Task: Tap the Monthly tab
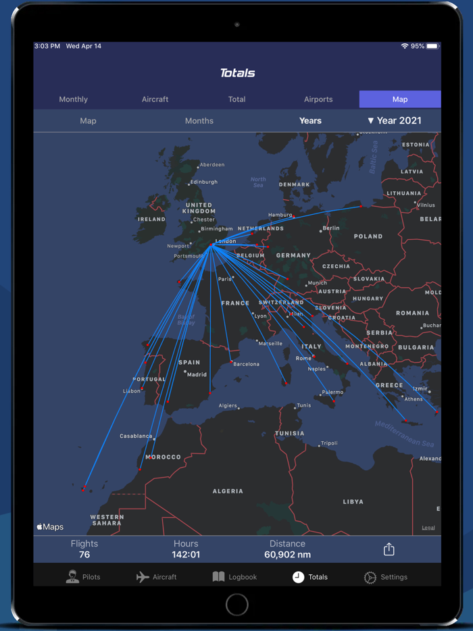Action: tap(73, 99)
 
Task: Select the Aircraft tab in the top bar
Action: tap(155, 99)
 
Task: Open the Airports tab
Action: tap(318, 99)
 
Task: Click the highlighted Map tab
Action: tap(400, 99)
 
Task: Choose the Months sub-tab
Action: tap(199, 121)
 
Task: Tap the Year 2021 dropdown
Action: tap(395, 121)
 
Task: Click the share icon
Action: tap(389, 549)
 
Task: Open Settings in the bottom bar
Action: tap(386, 577)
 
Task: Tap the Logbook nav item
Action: tap(234, 577)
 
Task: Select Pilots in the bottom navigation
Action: tap(83, 577)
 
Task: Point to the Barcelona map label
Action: tap(247, 364)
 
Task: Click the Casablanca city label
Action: tap(136, 436)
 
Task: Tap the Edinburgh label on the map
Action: tap(204, 182)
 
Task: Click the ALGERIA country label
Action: tap(228, 491)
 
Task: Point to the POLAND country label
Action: tap(368, 236)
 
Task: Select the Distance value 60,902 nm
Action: tap(287, 555)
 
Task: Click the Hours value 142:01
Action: tap(186, 555)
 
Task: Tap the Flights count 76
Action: tap(84, 555)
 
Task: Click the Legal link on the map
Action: tap(428, 528)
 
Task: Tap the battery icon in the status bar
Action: tap(432, 46)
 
